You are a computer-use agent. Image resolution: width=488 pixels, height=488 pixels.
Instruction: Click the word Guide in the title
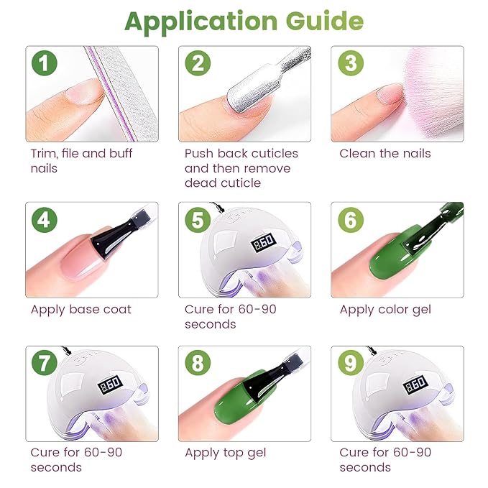pos(321,22)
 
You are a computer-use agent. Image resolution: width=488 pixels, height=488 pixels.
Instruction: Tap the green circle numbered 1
pos(45,64)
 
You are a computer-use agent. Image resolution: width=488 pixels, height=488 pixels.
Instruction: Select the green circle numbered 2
pos(198,64)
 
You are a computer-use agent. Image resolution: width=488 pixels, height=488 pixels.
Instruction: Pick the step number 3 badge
pos(350,64)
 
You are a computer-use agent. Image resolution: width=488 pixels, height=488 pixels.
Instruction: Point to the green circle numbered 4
pos(45,220)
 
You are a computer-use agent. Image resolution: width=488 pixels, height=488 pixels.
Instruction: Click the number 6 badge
pos(350,220)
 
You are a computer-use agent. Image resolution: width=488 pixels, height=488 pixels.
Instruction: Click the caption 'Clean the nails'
pos(385,153)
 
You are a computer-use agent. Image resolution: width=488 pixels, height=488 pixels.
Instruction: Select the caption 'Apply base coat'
pos(80,309)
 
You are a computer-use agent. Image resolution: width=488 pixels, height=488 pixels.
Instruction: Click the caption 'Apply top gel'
pos(225,453)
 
